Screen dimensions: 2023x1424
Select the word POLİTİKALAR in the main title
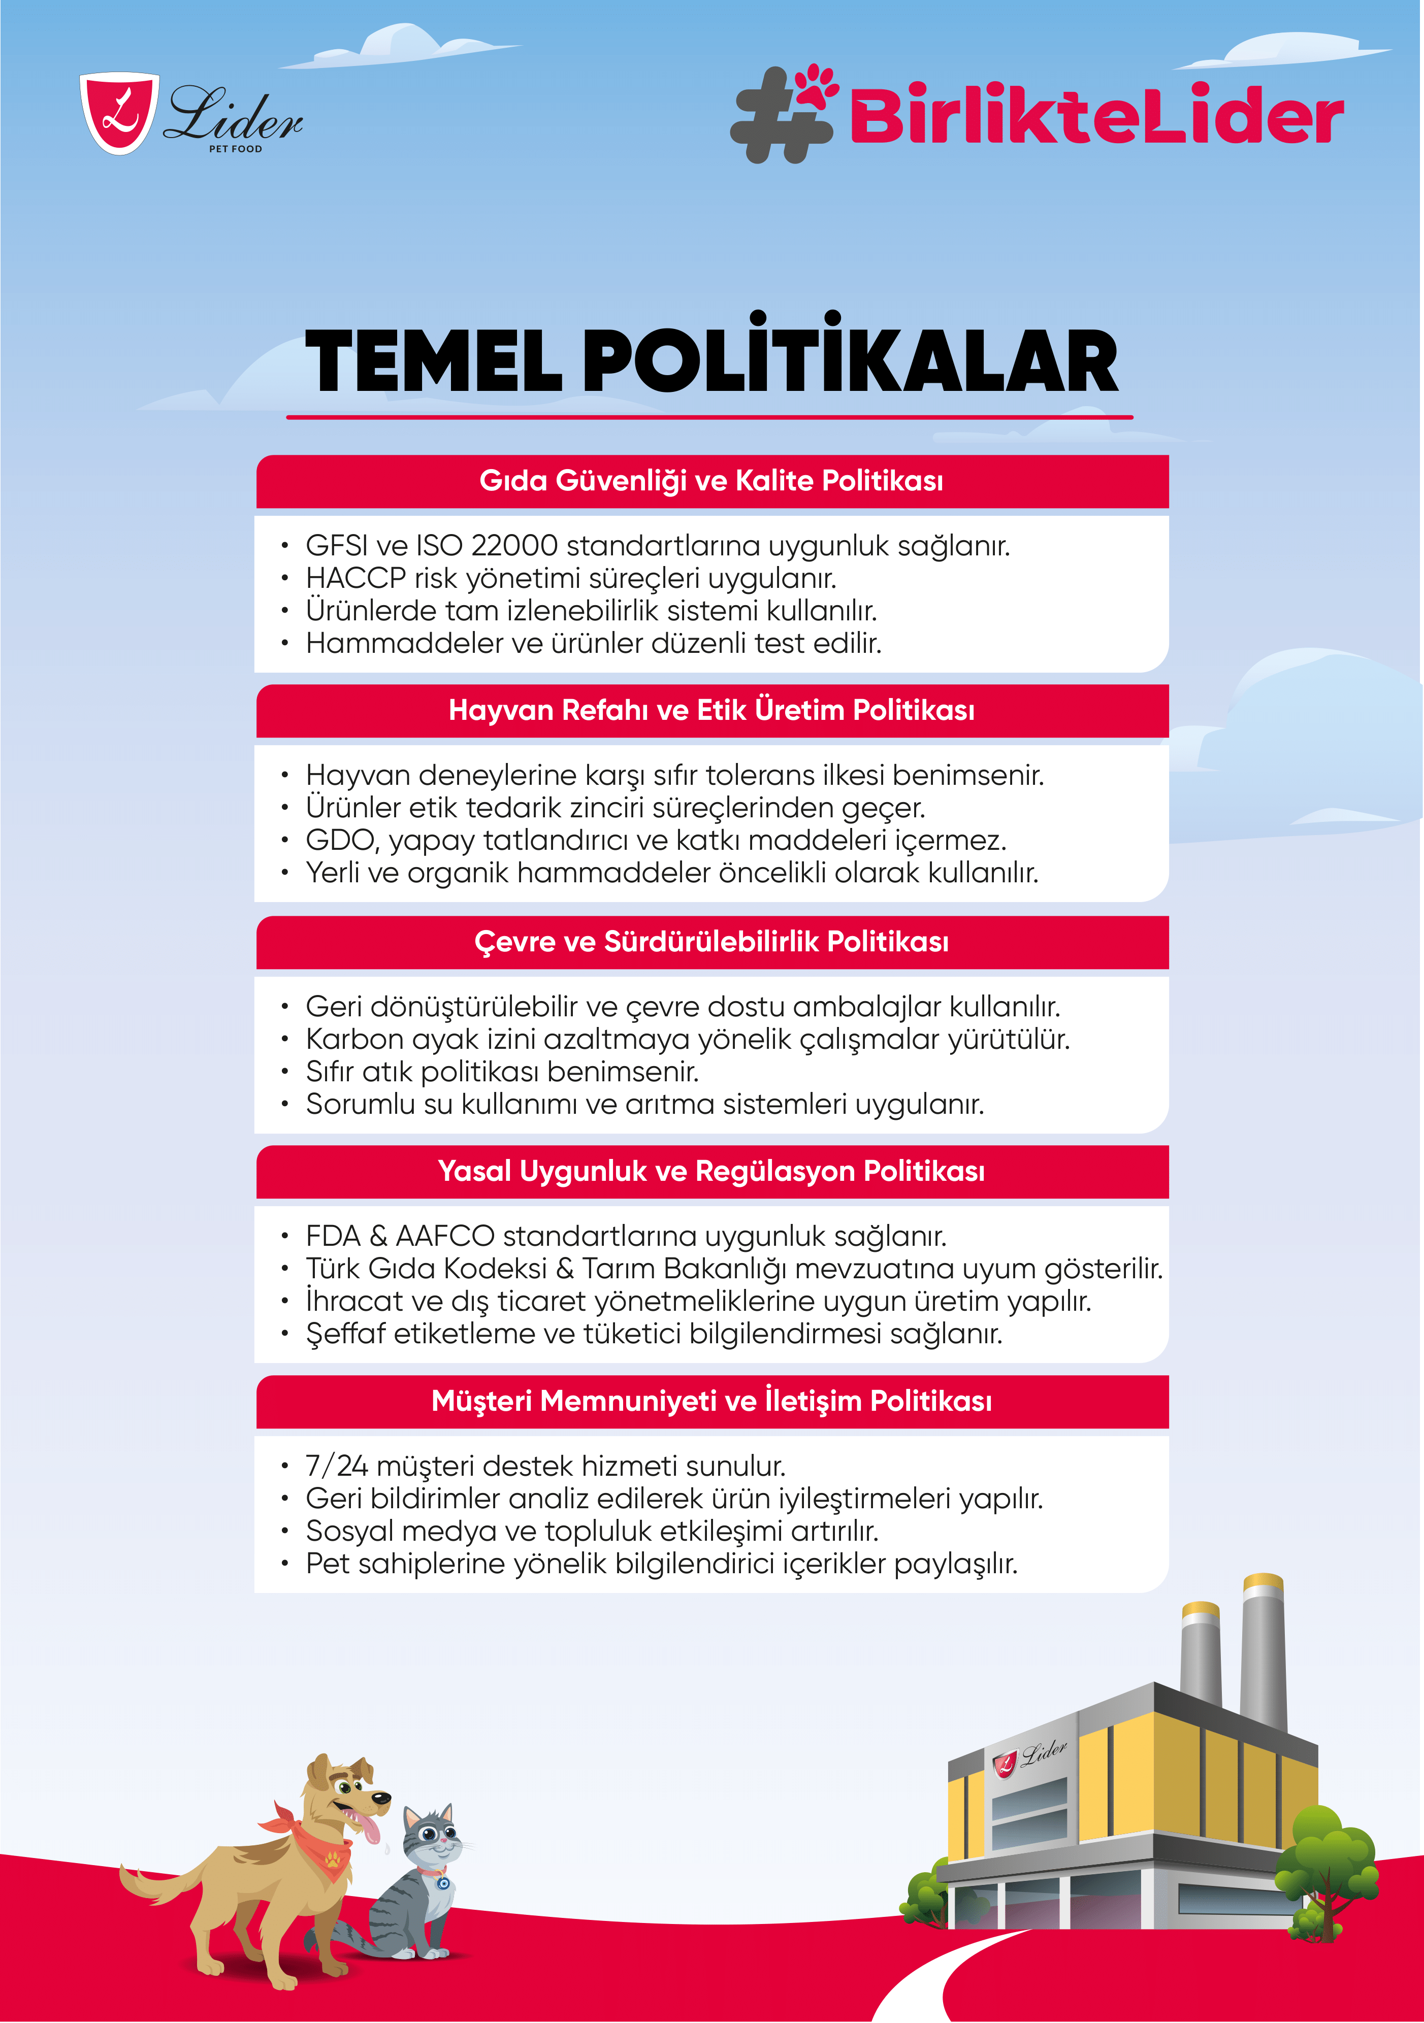(850, 361)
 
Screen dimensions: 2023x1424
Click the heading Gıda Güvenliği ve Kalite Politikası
(711, 481)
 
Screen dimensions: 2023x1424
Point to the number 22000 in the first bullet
(514, 545)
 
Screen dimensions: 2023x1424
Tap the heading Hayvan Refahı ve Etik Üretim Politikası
(711, 710)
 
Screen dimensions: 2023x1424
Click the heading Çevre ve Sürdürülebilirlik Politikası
(711, 942)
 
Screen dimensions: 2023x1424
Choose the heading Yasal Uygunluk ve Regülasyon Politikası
(711, 1171)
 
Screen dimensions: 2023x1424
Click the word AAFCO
(444, 1236)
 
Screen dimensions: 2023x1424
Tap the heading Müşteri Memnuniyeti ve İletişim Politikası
(711, 1401)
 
